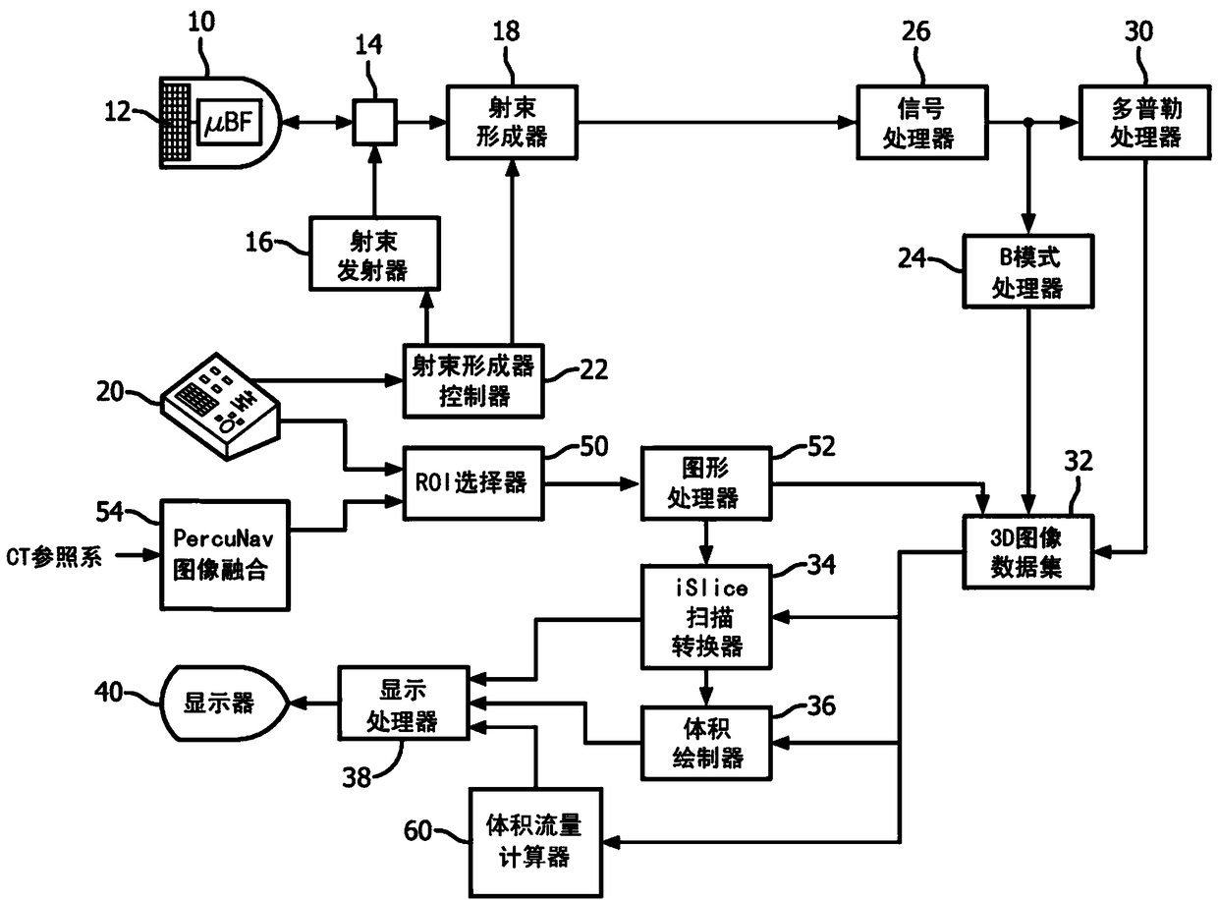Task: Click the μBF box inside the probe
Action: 229,122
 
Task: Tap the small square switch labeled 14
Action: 374,122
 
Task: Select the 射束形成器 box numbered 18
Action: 512,122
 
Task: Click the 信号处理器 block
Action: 922,122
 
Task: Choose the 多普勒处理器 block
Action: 1145,122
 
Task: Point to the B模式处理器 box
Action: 1028,271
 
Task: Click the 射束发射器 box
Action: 374,253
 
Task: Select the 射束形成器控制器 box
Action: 473,381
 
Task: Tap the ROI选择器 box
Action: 473,483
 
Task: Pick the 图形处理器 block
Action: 706,483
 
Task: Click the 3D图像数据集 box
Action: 1028,551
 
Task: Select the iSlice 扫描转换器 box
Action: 706,616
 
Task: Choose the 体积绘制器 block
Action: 706,743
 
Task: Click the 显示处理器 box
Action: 403,703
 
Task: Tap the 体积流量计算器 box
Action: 535,842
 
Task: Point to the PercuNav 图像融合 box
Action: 225,555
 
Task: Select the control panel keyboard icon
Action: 221,407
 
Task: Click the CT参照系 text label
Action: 54,557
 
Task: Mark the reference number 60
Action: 417,831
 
